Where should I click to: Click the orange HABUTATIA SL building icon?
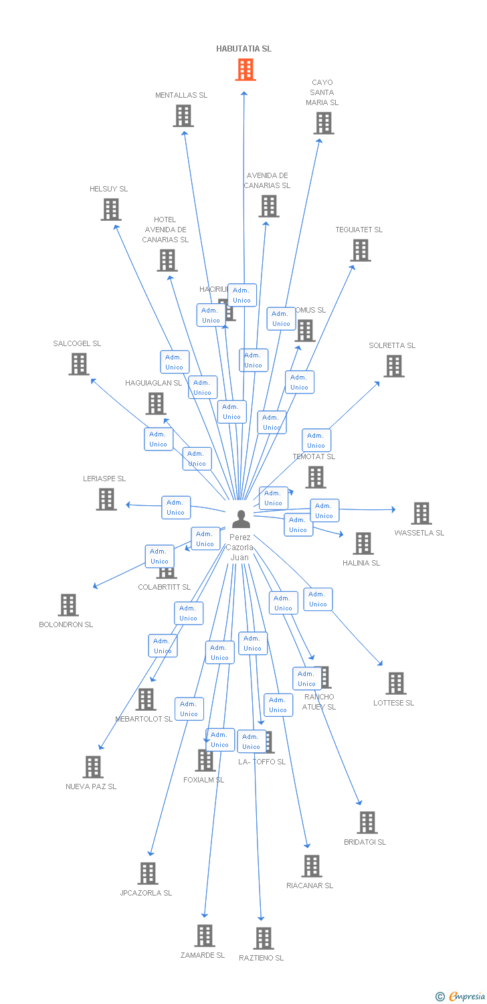coord(246,70)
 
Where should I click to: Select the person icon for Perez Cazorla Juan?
coord(241,519)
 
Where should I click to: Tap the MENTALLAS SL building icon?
coord(183,116)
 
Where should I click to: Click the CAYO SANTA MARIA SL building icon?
coord(324,123)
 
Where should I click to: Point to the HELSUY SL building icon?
coord(111,210)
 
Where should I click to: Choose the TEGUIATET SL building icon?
coord(361,250)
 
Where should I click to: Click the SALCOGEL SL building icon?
coord(79,364)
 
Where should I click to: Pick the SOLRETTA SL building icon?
coord(394,366)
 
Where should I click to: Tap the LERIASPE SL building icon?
coord(106,499)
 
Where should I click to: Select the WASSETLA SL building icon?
coord(421,513)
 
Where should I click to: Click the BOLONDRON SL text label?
coord(66,624)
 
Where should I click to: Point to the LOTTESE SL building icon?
coord(396,683)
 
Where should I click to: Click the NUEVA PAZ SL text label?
coord(91,786)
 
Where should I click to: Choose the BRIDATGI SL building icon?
coord(367,823)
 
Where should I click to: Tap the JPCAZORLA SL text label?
coord(146,893)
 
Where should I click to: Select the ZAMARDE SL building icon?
coord(205,936)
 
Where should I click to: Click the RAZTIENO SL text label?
coord(262,958)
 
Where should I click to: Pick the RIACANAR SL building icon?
coord(312,866)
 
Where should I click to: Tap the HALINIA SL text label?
coord(361,563)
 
